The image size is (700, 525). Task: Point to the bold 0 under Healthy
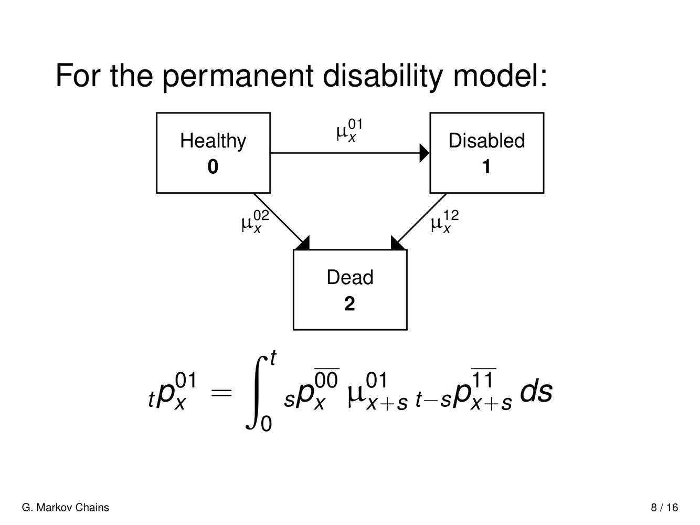click(213, 167)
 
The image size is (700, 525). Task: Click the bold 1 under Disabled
click(486, 167)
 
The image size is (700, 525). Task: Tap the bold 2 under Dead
click(349, 304)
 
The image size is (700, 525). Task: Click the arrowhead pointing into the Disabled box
click(425, 153)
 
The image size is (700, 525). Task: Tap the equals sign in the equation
click(221, 392)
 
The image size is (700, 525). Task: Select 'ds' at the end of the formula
click(536, 392)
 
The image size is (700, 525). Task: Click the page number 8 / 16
click(664, 508)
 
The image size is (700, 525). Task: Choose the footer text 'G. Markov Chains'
click(66, 508)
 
